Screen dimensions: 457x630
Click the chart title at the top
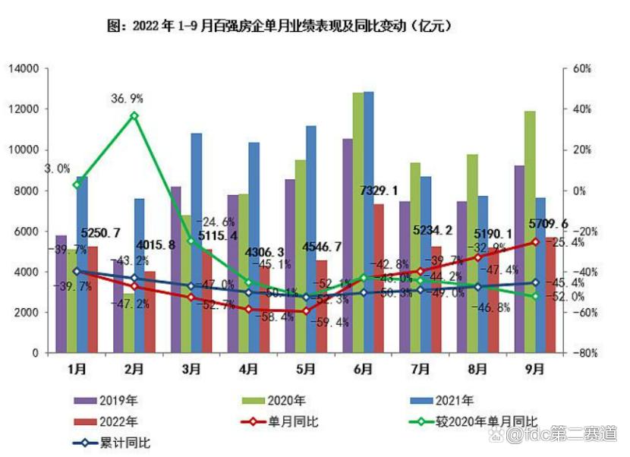pos(281,26)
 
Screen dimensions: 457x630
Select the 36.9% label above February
pos(127,99)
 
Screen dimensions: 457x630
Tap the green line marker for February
pos(134,115)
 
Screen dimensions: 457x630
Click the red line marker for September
pos(535,242)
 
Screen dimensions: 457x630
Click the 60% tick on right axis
pos(580,68)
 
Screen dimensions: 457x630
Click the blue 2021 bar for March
pos(196,243)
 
